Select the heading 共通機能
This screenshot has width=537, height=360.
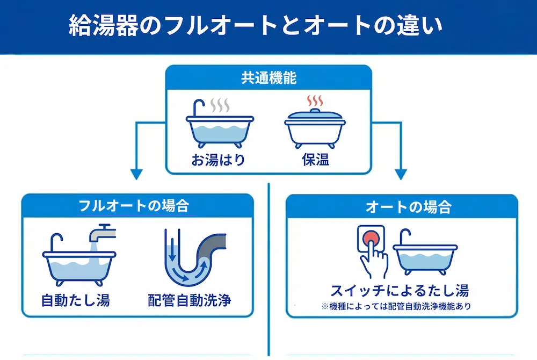click(268, 77)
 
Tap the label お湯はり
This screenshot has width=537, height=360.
click(219, 160)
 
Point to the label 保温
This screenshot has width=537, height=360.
click(315, 160)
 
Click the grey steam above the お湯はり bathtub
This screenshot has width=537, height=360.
click(220, 104)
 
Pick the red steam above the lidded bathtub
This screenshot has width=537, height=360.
click(315, 101)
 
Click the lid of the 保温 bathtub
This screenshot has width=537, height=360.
click(315, 114)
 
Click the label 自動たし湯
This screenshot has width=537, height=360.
click(76, 300)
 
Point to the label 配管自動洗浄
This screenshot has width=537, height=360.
click(190, 300)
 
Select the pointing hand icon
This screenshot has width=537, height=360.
click(373, 258)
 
